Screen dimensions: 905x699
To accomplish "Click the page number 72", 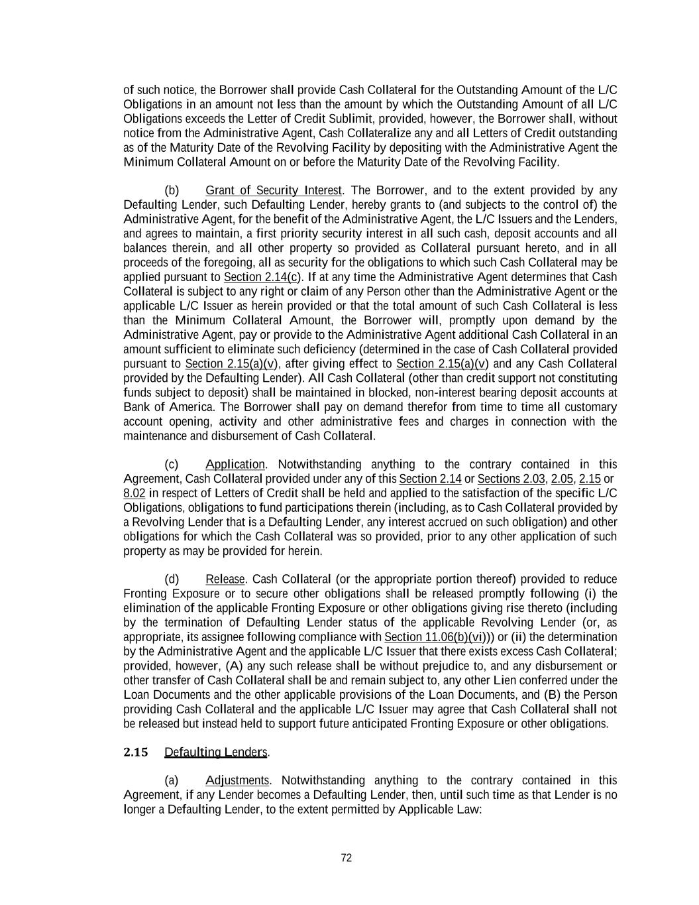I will click(x=346, y=858).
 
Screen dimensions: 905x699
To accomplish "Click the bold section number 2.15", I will click(x=135, y=752).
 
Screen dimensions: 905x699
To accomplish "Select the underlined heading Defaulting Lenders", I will click(x=215, y=752).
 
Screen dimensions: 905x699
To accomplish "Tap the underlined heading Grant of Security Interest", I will click(x=273, y=190).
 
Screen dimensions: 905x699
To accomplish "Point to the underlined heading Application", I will click(x=235, y=464).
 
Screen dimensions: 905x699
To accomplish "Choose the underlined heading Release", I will click(x=225, y=579).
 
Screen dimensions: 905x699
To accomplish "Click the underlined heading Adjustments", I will click(x=237, y=780).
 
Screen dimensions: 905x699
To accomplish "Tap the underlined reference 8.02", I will click(x=134, y=493).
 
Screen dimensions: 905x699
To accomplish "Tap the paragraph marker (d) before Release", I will click(x=172, y=579).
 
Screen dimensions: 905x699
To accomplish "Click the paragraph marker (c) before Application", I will click(x=172, y=464).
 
